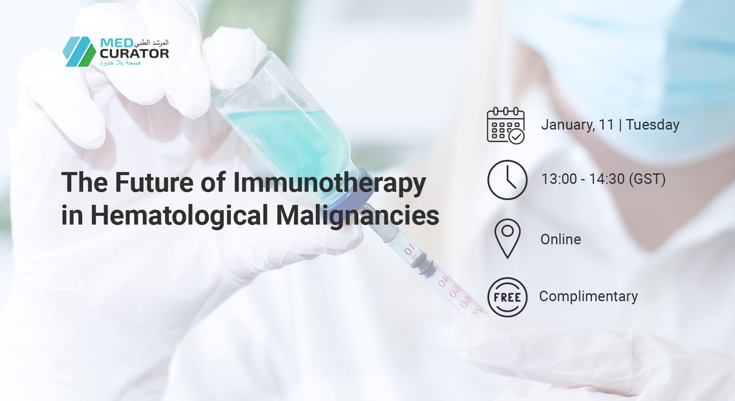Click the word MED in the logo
[x=116, y=43]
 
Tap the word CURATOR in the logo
[x=135, y=53]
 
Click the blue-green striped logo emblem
[x=79, y=52]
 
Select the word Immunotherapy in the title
[x=329, y=183]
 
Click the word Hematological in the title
[x=179, y=216]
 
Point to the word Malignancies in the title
[x=358, y=216]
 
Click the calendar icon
[x=506, y=125]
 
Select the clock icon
[x=507, y=180]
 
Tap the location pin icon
[x=507, y=239]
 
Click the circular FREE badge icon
[x=507, y=297]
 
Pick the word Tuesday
[x=653, y=125]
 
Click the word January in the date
[x=568, y=125]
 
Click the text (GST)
[x=647, y=179]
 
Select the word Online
[x=561, y=239]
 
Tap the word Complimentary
[x=589, y=296]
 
